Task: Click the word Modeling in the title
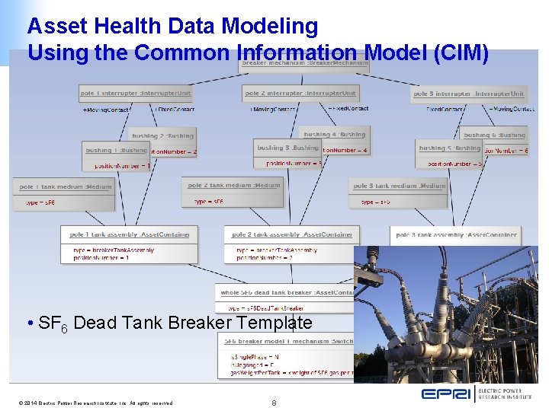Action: click(269, 27)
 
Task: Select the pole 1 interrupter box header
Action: click(135, 94)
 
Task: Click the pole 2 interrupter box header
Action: click(300, 94)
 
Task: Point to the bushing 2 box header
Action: click(162, 135)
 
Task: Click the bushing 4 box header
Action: click(335, 135)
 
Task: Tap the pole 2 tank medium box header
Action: click(234, 185)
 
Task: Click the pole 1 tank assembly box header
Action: click(130, 234)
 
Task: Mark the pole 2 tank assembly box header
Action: click(291, 234)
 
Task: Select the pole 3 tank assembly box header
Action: click(456, 235)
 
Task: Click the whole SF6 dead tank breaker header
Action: click(286, 292)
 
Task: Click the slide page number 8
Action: click(274, 403)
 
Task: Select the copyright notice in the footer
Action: click(91, 403)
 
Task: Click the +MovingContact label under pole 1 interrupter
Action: click(106, 110)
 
